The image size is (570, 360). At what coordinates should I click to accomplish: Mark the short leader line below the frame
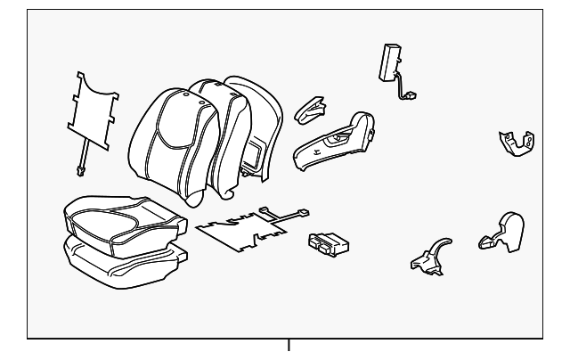(288, 347)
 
